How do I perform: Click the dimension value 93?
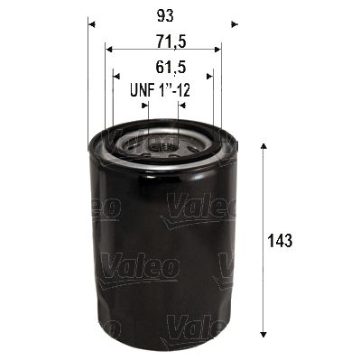point(162,16)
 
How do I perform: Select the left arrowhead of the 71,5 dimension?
point(108,51)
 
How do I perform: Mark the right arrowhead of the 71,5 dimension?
point(218,51)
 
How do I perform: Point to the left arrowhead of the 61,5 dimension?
point(115,76)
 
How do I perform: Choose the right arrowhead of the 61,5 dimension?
point(210,76)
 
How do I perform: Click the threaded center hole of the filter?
point(162,144)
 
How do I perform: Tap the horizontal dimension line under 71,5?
point(163,51)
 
